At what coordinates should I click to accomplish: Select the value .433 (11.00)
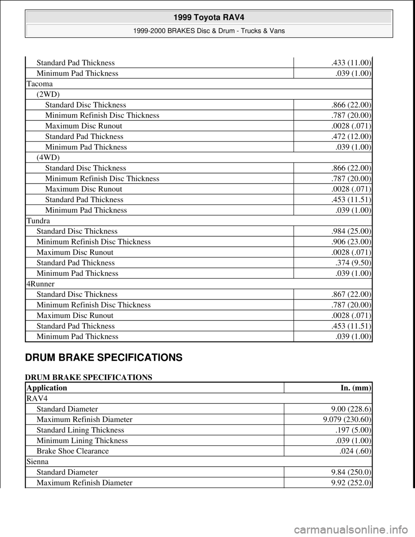coord(350,63)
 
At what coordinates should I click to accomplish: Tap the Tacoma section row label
coord(40,84)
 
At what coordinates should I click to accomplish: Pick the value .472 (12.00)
coord(350,136)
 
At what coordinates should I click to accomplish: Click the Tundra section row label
coord(39,221)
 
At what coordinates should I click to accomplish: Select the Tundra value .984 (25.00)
coord(350,231)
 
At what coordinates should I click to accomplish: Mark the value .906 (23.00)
coord(350,242)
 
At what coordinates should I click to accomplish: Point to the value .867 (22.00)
coord(350,294)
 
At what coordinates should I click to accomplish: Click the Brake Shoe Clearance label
coord(73,451)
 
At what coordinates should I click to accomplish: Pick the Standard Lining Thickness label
coord(80,430)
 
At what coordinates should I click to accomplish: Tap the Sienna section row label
coord(38,461)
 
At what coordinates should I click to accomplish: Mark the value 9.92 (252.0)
coord(350,483)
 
